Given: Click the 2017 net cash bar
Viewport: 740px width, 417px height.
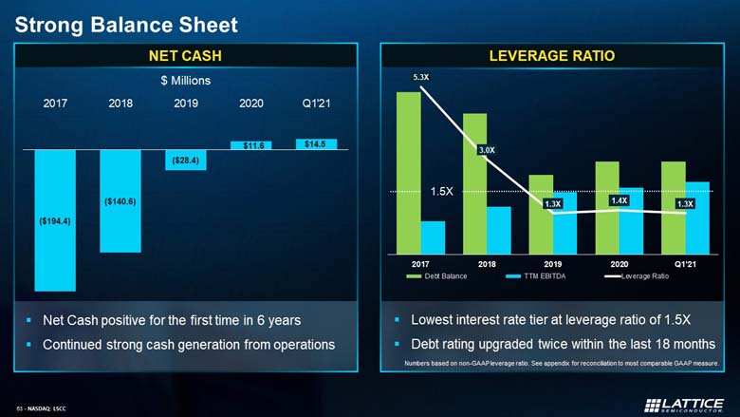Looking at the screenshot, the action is pos(55,220).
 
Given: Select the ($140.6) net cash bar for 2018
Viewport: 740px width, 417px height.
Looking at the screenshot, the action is pos(120,201).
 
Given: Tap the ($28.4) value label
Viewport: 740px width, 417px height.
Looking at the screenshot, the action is pos(185,161).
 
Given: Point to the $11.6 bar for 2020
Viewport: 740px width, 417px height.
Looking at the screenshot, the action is pos(251,145).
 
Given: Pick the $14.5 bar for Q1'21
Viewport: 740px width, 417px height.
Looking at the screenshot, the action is pos(316,144).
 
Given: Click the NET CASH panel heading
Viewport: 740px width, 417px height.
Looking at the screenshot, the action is pos(185,56).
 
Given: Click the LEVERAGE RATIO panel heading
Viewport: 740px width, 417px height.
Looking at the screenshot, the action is pos(552,56).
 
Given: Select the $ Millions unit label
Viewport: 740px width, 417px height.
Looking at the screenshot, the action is pos(185,81).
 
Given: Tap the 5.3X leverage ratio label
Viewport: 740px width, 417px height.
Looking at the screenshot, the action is pos(421,77).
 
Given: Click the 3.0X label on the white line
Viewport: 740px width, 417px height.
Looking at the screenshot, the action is pos(487,150).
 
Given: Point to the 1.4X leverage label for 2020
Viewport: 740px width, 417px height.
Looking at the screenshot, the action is pos(620,200).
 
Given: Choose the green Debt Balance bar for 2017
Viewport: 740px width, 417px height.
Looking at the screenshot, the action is pos(409,173).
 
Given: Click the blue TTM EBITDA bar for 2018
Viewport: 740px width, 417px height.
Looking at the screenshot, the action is pos(499,231).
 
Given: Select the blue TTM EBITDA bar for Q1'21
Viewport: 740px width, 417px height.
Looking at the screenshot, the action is pos(697,218).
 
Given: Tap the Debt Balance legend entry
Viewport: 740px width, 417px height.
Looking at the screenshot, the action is pos(436,276).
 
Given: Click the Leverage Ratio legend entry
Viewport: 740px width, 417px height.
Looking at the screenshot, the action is pos(637,276).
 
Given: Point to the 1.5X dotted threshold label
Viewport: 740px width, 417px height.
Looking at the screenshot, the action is pos(442,191).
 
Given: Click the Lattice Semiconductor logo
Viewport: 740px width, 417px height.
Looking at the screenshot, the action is pos(684,406).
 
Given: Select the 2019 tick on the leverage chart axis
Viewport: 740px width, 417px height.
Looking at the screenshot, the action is pos(553,264).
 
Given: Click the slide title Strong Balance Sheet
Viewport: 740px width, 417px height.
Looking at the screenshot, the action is pos(126,25).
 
